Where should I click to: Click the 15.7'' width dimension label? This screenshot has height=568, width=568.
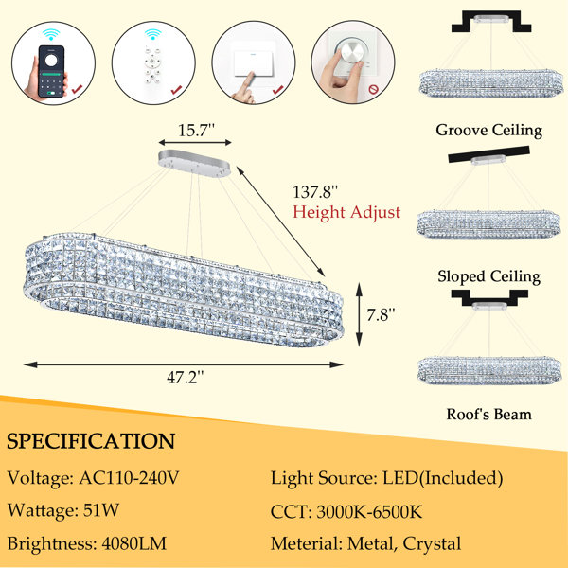[196, 130]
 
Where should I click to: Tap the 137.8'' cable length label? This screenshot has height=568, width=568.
[315, 192]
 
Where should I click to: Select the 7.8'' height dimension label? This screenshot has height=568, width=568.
[381, 314]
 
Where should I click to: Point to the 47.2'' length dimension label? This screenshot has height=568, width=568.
[186, 378]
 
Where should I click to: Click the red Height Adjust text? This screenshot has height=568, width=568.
[346, 212]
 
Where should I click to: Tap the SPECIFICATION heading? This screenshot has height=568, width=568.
[91, 441]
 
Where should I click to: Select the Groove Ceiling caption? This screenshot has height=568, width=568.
[488, 130]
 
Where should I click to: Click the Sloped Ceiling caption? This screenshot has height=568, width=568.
[489, 276]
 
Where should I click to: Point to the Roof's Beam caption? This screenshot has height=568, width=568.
[489, 414]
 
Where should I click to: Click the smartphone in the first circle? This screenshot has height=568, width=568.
[51, 71]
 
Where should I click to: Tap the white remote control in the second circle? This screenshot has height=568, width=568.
[152, 64]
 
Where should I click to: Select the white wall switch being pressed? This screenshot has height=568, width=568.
[253, 58]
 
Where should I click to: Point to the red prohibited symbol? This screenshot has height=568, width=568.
[373, 89]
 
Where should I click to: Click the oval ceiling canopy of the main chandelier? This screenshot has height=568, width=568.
[194, 164]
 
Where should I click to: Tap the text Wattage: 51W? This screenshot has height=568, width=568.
[63, 511]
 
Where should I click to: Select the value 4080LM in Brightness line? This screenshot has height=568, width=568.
[134, 543]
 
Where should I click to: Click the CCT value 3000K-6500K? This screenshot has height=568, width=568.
[369, 512]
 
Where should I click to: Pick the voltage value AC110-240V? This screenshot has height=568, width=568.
[129, 478]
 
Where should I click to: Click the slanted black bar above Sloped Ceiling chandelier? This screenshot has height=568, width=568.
[489, 154]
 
